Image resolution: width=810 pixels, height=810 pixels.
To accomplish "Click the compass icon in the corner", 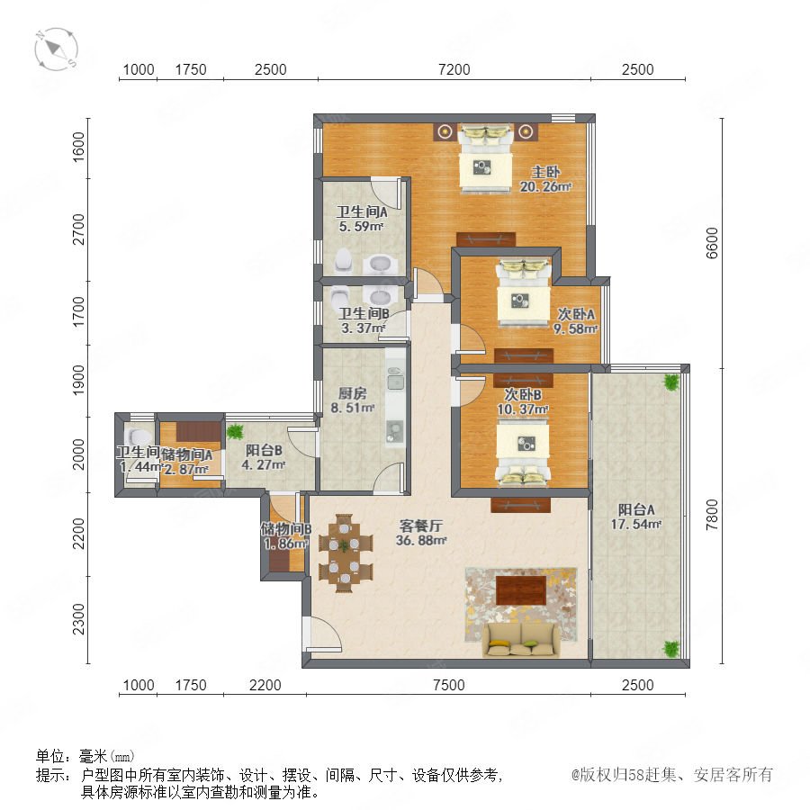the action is tap(57, 49).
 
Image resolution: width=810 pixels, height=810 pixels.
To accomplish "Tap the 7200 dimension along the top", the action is tap(454, 69).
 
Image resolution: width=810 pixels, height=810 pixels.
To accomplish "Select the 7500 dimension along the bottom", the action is tap(449, 685).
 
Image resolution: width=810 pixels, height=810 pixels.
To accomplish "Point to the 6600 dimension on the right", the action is tap(712, 243).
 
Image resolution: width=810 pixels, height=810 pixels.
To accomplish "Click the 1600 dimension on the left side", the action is tap(78, 148).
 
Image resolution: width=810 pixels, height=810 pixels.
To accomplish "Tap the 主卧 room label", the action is tap(545, 172).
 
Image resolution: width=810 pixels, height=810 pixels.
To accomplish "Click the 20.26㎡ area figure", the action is tap(545, 186).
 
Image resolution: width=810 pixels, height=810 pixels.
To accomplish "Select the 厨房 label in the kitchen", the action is tap(352, 393).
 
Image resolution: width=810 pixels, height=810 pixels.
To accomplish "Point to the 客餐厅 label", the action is tap(421, 526).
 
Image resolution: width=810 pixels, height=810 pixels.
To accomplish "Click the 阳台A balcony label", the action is tap(636, 510).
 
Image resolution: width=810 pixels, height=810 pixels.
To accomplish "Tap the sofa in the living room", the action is tap(520, 639).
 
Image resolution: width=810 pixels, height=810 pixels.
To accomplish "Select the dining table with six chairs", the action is tap(345, 553).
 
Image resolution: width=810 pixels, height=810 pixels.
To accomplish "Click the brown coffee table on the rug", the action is tap(521, 589).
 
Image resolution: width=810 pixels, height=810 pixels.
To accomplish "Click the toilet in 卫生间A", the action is tap(344, 261).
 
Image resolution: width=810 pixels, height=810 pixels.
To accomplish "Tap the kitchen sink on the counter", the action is tap(396, 382).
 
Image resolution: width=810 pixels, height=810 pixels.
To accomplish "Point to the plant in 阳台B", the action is tap(236, 431).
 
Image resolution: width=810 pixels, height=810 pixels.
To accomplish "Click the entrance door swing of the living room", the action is tap(323, 634).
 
